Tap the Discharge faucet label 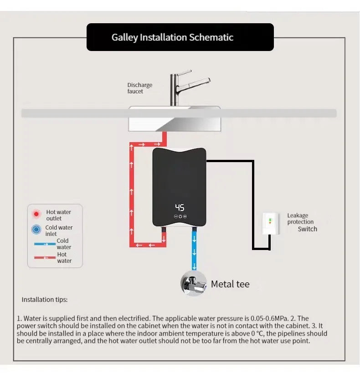coord(139,88)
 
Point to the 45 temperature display coord(180,207)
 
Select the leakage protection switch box coord(270,223)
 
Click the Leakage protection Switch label coord(301,222)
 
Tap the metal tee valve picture coord(194,284)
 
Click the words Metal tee coord(230,284)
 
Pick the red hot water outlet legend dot coord(36,214)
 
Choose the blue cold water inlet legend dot coord(36,230)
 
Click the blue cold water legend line coord(45,244)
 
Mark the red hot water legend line coord(45,258)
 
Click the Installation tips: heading coord(45,300)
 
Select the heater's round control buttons coord(180,217)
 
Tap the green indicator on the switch coord(270,220)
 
